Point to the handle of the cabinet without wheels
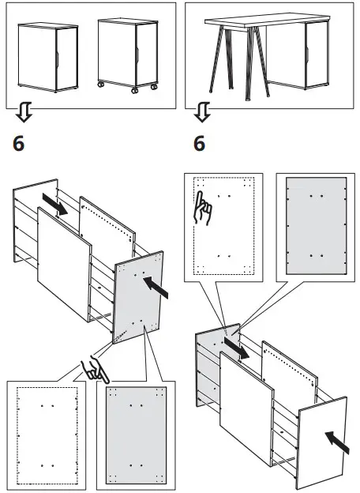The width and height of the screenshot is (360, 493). pyautogui.click(x=61, y=58)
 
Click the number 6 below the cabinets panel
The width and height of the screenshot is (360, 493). pyautogui.click(x=21, y=145)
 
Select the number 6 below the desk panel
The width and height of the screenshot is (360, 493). pyautogui.click(x=199, y=145)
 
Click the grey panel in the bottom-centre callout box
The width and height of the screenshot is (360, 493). pyautogui.click(x=137, y=435)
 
